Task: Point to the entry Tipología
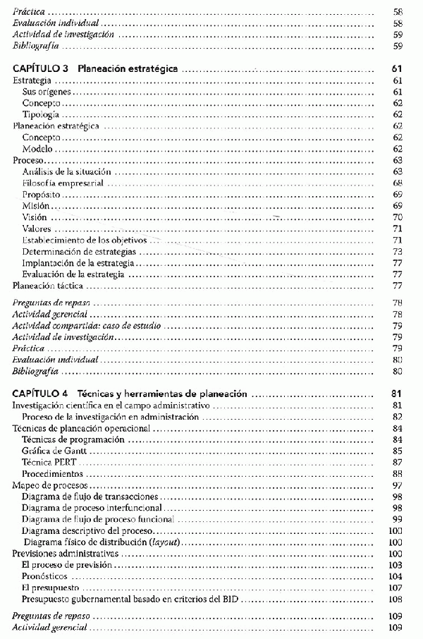tap(40, 114)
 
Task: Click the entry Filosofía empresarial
tap(63, 183)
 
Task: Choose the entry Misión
tap(36, 205)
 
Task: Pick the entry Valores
tap(37, 229)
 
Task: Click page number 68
tap(398, 183)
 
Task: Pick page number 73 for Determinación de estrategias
tap(398, 251)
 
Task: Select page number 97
tap(398, 485)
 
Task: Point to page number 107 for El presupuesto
tap(396, 588)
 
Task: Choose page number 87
tap(398, 462)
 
